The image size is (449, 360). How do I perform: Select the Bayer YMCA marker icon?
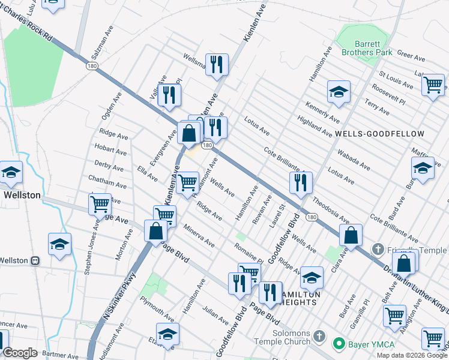coord(339,344)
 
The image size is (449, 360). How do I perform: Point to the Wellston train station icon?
coord(35,261)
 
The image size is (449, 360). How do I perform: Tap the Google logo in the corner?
coord(20,353)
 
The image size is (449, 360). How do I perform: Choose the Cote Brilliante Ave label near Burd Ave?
coord(394,227)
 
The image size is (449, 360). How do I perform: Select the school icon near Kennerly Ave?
coord(339,92)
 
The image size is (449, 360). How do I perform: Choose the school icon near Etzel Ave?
coord(167,334)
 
